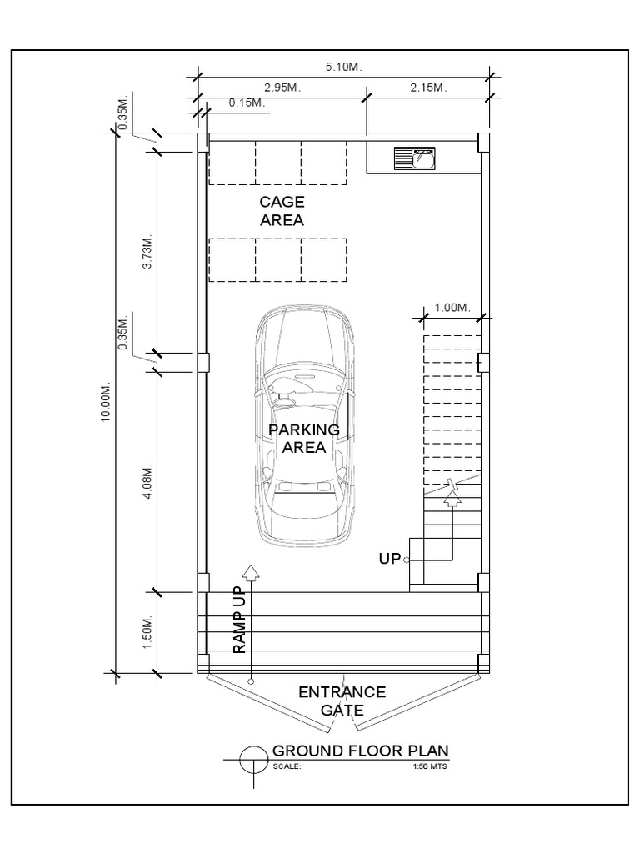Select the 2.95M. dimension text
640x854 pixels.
pos(282,87)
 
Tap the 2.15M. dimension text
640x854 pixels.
pos(429,87)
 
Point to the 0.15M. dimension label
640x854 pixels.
pos(246,103)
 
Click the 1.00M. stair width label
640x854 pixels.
pos(453,308)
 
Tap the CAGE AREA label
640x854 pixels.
pos(282,211)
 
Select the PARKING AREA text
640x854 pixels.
pos(304,438)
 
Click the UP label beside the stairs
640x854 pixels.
pos(390,559)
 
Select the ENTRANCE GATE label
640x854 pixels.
pos(342,701)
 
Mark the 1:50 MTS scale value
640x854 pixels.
pos(430,767)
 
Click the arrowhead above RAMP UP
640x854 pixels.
pos(249,571)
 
